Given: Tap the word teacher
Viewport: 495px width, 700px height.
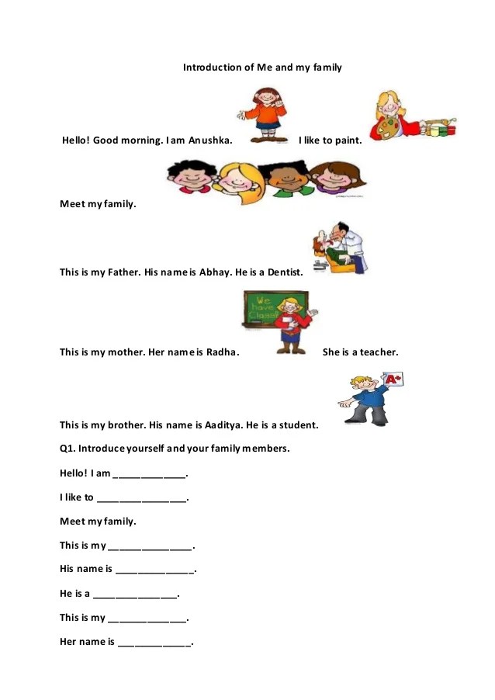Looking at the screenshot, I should pyautogui.click(x=379, y=352).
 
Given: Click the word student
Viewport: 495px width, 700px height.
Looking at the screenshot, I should pyautogui.click(x=296, y=425).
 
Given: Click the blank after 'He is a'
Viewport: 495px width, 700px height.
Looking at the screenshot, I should pyautogui.click(x=135, y=594).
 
